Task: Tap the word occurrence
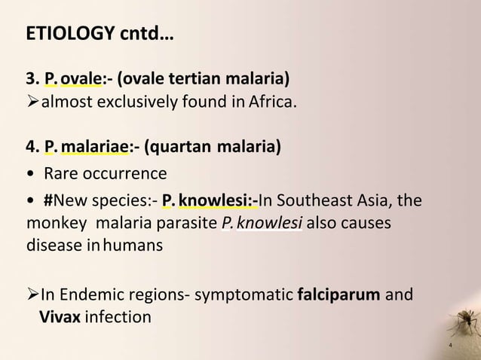click(124, 175)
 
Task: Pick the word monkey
click(52, 224)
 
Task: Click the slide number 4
click(449, 346)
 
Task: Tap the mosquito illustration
click(464, 324)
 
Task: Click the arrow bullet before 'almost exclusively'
click(32, 102)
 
